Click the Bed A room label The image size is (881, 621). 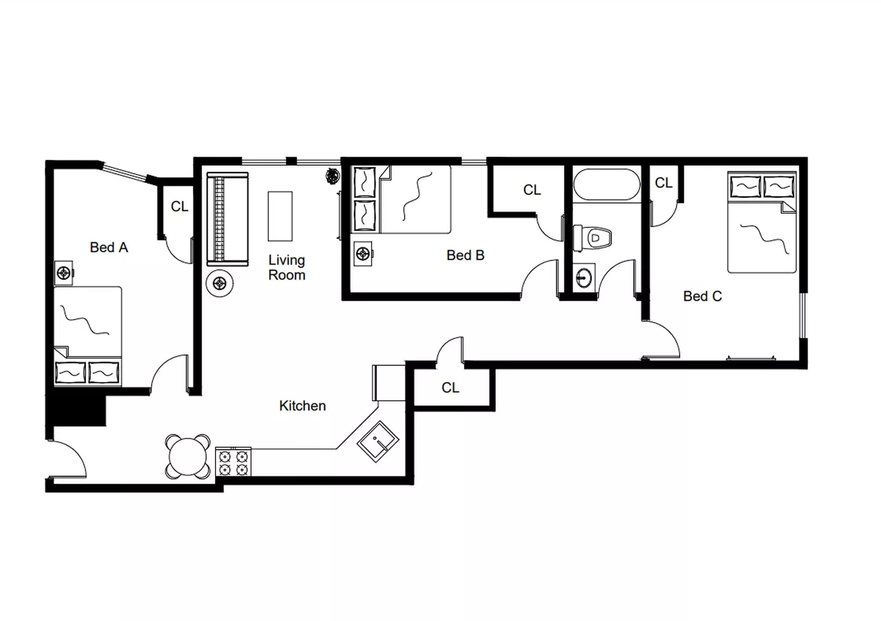coord(109,248)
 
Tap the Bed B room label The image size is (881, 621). coord(465,255)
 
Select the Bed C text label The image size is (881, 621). coord(702,296)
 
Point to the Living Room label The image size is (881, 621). coord(287,267)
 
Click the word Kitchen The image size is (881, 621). coord(302,406)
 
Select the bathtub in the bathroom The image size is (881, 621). coord(607,185)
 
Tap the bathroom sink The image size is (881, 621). coord(584,276)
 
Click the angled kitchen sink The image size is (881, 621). coord(378,441)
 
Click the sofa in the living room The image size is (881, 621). coord(227,219)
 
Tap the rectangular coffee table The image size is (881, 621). coord(280,216)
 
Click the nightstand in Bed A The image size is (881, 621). coord(64,273)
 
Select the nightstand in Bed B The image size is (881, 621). coord(363,253)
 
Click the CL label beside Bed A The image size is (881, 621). coord(180,207)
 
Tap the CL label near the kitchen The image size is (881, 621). coord(450,388)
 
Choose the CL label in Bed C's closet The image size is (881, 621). coord(664,183)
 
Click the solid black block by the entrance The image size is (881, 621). coord(77,411)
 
